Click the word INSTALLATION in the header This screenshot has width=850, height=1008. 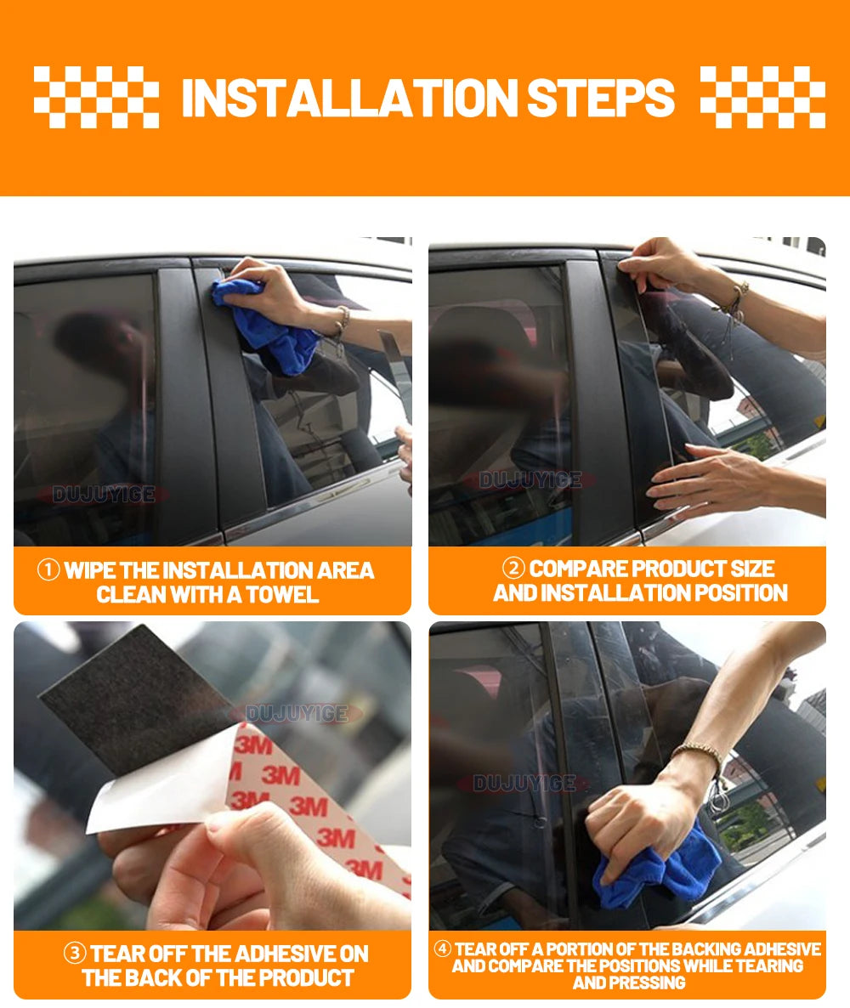coord(349,99)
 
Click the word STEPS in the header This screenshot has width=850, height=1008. coord(601,99)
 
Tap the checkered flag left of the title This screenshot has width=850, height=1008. coord(96,97)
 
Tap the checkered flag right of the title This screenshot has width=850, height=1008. coord(762,97)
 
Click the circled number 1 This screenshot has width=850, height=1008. coord(48,569)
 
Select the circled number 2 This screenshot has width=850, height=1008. coord(513,568)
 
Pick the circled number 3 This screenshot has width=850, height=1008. coord(75,952)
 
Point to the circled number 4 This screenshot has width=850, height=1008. coord(442,949)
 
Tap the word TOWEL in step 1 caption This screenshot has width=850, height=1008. coord(282,595)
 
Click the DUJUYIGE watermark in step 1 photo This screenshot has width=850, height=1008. coord(104,495)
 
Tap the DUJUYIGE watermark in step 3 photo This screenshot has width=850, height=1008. coord(297,713)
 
